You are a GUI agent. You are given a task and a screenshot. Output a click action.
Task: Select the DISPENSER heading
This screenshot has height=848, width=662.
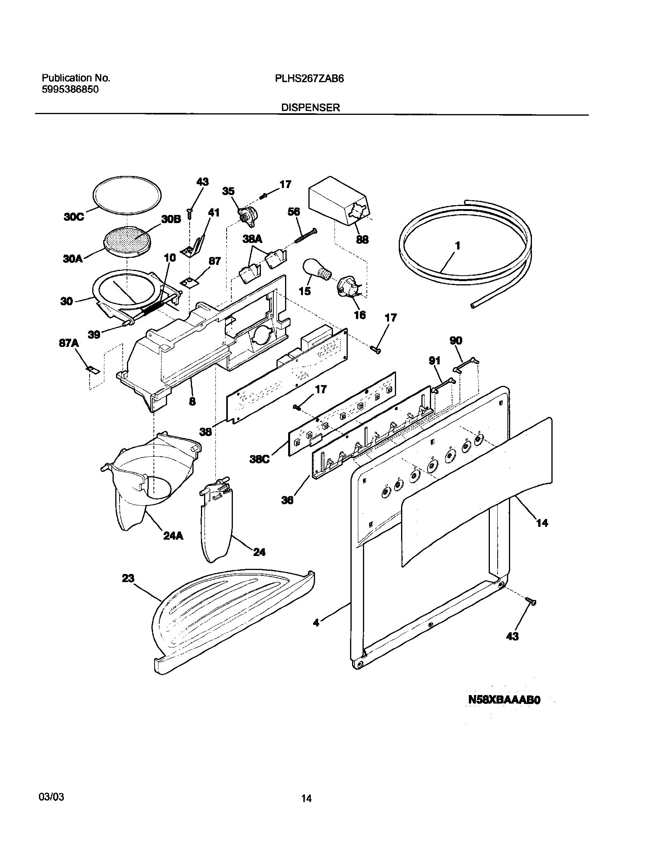tap(310, 108)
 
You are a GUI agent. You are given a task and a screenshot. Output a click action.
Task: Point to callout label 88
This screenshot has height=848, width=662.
tap(362, 240)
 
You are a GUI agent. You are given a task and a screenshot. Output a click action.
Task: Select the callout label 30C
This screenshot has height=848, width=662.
tap(74, 217)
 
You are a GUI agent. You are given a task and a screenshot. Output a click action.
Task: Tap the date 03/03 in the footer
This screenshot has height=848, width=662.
tap(52, 797)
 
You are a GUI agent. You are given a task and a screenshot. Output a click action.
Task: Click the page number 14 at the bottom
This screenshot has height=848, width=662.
tap(306, 799)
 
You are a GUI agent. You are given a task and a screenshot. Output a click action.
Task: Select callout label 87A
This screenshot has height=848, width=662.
tap(69, 343)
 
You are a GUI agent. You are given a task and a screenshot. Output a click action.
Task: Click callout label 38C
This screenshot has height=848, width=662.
tap(259, 459)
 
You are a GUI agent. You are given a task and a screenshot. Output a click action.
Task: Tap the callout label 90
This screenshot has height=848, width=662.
tap(456, 341)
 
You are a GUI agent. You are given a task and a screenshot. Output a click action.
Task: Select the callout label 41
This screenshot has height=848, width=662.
tap(214, 213)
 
